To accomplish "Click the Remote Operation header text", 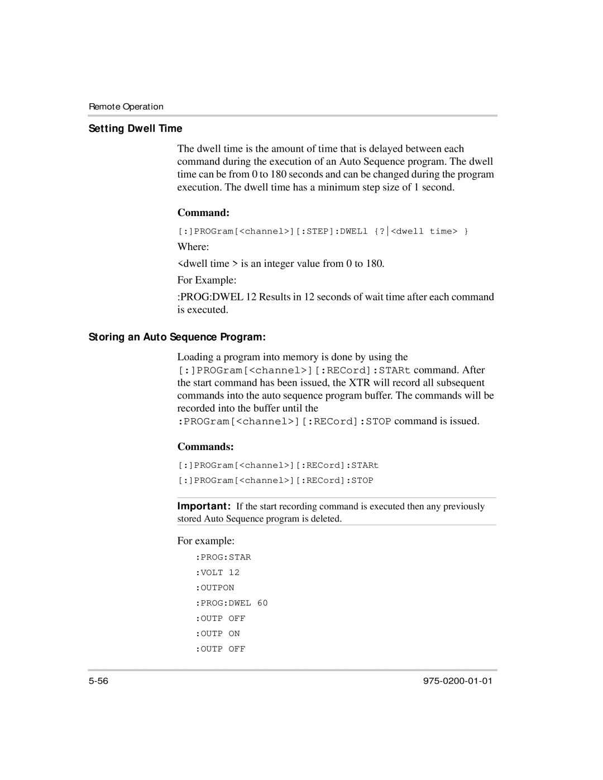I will pos(126,107).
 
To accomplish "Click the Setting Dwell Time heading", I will pos(136,128).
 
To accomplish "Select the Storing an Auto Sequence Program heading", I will pos(177,337).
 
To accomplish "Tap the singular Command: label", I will pos(204,213).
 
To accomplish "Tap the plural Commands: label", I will pos(205,447).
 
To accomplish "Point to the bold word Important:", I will pos(204,506).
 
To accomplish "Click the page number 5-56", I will pos(98,681).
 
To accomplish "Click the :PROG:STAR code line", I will pos(223,557).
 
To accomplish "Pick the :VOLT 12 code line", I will pos(217,572).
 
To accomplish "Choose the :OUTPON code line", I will pos(215,588).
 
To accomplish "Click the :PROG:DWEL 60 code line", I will pos(232,603).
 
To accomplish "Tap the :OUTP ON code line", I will pos(218,634).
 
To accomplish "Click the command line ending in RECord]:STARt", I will pos(279,465).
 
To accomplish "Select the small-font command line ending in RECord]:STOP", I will pos(276,481).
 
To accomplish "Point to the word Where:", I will pos(193,247).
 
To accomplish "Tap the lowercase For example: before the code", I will pos(205,541).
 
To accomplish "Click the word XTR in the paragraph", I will pos(359,383).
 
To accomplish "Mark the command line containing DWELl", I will pos(323,232).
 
